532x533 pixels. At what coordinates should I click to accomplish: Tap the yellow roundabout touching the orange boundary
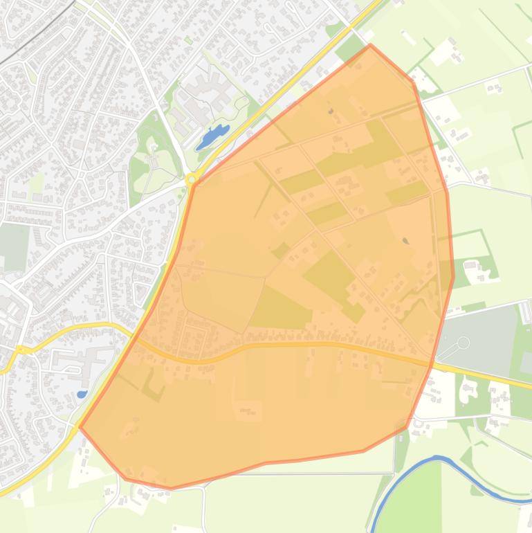192,180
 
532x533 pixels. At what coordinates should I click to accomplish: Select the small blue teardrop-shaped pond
82,395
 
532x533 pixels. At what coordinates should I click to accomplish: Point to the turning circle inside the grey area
463,343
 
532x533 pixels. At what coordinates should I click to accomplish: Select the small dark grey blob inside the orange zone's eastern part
405,241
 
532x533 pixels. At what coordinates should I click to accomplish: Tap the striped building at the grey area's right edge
525,311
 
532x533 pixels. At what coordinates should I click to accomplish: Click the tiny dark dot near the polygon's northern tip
331,111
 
